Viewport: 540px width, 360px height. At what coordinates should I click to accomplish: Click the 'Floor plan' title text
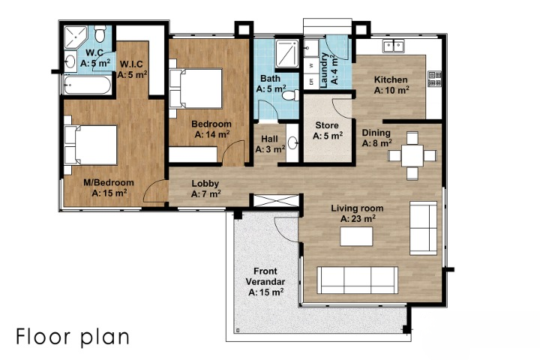pyautogui.click(x=73, y=337)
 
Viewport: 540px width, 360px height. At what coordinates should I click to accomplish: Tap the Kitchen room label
pyautogui.click(x=391, y=79)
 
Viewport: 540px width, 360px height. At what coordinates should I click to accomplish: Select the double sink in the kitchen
pyautogui.click(x=394, y=46)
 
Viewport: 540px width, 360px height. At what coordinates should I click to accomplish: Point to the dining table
pyautogui.click(x=412, y=156)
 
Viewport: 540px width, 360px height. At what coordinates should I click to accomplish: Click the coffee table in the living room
pyautogui.click(x=356, y=236)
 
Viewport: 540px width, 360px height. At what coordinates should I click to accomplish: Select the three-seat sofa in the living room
pyautogui.click(x=358, y=280)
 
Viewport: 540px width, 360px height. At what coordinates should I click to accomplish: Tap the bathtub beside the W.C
pyautogui.click(x=87, y=85)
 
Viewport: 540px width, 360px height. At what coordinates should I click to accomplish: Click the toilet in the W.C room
pyautogui.click(x=100, y=34)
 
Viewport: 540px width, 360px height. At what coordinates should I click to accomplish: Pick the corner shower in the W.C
pyautogui.click(x=75, y=37)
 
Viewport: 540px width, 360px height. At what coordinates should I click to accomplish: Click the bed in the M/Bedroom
pyautogui.click(x=91, y=145)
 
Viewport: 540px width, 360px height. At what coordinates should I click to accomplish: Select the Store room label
pyautogui.click(x=327, y=125)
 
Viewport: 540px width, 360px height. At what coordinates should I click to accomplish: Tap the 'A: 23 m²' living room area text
pyautogui.click(x=358, y=219)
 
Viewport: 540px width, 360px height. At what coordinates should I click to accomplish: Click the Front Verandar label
pyautogui.click(x=265, y=276)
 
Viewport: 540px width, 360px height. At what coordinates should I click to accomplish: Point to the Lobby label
pyautogui.click(x=205, y=184)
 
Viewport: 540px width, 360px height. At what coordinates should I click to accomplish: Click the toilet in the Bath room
pyautogui.click(x=291, y=95)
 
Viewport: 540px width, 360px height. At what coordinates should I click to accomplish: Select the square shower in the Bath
pyautogui.click(x=286, y=54)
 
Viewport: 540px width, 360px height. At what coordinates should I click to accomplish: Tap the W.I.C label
pyautogui.click(x=131, y=64)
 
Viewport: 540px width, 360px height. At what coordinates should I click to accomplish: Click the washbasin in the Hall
pyautogui.click(x=292, y=142)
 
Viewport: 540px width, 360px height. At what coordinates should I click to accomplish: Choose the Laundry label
pyautogui.click(x=324, y=70)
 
